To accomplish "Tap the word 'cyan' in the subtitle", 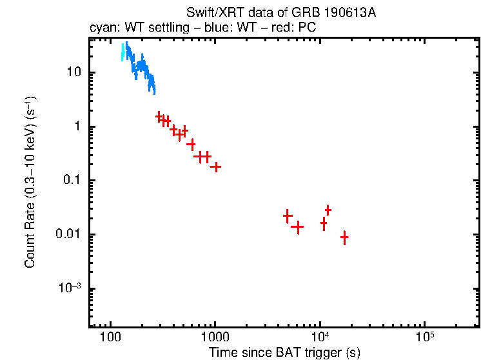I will click(100, 29).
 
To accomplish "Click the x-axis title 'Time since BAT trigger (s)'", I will click(284, 352).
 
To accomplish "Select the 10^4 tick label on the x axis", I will click(320, 336).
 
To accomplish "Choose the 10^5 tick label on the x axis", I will click(424, 336).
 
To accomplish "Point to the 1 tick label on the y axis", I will click(77, 126).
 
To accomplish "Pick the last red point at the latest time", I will click(344, 237).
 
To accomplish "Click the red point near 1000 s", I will click(216, 166).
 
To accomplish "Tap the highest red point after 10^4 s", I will click(328, 210).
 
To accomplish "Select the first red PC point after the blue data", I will click(159, 116).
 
